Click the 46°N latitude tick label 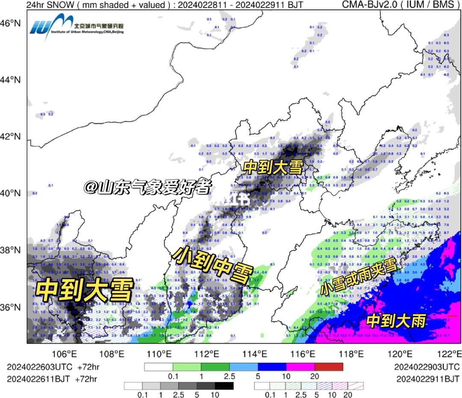(12, 23)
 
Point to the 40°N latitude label (12, 193)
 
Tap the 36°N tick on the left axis (12, 307)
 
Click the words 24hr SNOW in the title (44, 5)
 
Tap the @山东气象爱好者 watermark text (148, 187)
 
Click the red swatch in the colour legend (329, 367)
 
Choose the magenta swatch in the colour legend (300, 367)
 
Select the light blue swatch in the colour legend (243, 367)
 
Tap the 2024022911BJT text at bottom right (427, 379)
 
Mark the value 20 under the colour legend (315, 376)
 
